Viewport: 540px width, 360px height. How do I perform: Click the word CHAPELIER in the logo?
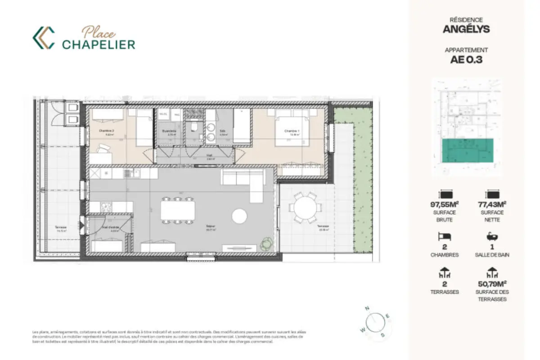[99, 44]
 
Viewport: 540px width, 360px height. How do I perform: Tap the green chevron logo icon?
[44, 38]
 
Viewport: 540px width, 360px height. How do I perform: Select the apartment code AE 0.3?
[466, 59]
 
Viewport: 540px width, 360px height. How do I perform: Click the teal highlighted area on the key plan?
[468, 150]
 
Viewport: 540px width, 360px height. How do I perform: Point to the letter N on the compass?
[367, 309]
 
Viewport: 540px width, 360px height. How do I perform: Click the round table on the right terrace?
[306, 207]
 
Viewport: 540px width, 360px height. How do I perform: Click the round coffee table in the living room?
[240, 216]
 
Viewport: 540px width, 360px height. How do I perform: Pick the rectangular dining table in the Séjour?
[178, 210]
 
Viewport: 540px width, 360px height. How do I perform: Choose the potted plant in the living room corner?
[266, 243]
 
